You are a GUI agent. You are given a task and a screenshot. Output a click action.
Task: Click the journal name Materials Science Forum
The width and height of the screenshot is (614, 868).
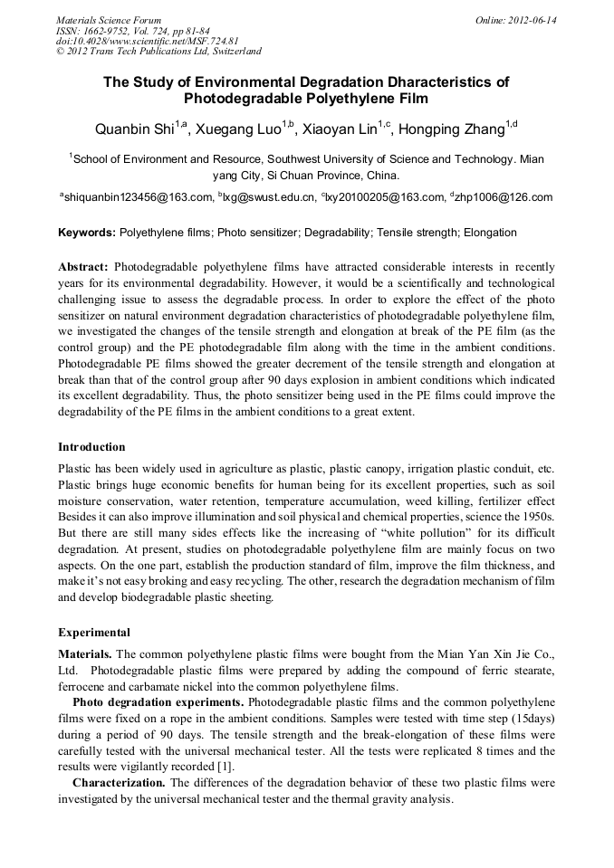(x=109, y=20)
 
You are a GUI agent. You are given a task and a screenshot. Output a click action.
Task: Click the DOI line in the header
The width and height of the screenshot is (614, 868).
(x=147, y=41)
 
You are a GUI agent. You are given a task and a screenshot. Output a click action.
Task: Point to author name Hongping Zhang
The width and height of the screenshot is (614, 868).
(x=451, y=129)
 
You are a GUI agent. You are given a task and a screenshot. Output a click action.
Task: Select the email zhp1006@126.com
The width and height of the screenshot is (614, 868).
(x=504, y=196)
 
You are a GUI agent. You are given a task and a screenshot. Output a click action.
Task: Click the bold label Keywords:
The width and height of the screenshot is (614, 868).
(x=87, y=233)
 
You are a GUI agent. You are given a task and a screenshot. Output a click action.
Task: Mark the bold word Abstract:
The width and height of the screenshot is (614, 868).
(x=83, y=268)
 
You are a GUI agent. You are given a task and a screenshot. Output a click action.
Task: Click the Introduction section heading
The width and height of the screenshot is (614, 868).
(x=91, y=447)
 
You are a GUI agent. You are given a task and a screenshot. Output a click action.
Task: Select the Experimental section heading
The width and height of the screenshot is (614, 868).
(x=94, y=633)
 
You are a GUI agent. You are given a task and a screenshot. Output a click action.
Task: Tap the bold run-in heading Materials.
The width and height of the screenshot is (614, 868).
(x=85, y=653)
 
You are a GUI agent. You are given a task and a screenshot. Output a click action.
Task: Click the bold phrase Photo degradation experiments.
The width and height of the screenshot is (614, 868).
(x=158, y=702)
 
